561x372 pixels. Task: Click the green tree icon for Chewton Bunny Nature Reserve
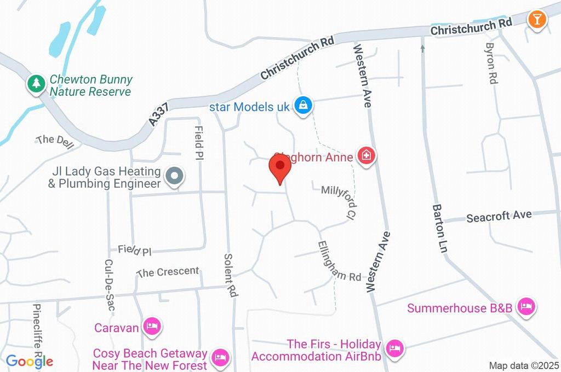click(x=36, y=84)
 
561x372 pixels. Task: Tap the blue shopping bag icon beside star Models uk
click(x=302, y=106)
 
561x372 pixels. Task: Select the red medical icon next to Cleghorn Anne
click(x=365, y=156)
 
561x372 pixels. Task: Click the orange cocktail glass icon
click(x=536, y=20)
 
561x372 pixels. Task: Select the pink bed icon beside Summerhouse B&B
click(x=526, y=307)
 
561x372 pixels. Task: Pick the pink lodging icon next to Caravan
click(x=151, y=327)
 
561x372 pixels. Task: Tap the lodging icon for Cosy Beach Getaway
click(x=220, y=358)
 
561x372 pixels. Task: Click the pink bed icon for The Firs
click(x=393, y=347)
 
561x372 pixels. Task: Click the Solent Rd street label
click(x=231, y=275)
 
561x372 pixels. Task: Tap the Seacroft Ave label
click(x=499, y=216)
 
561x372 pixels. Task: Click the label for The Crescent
click(x=168, y=272)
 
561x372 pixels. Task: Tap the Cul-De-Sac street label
click(x=108, y=285)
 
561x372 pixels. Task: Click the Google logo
click(x=30, y=361)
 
